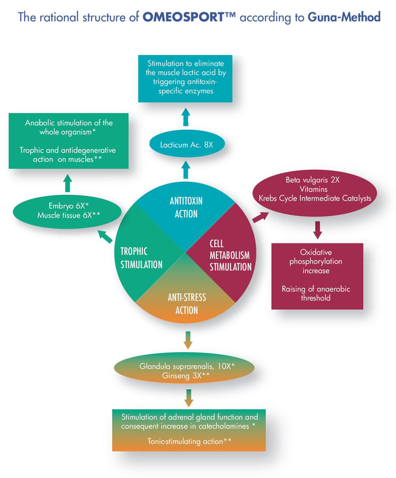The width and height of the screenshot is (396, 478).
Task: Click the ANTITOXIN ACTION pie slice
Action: [x=186, y=207]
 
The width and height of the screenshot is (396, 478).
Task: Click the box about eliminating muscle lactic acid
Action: [x=185, y=78]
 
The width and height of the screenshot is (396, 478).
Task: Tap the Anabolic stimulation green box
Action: [x=68, y=141]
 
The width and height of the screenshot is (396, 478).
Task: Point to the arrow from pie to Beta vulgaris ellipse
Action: [x=260, y=216]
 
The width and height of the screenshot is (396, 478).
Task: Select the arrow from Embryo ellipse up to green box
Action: [x=68, y=182]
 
